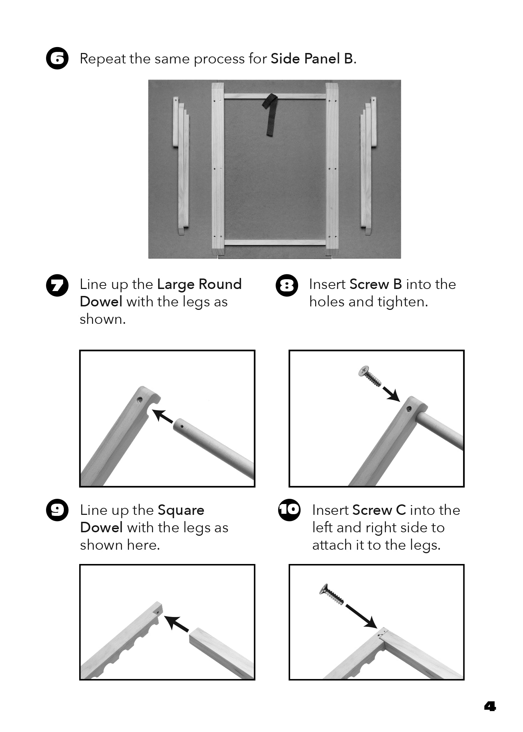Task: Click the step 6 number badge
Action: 57,58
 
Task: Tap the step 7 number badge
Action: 57,285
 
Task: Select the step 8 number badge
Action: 287,285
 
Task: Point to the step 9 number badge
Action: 57,510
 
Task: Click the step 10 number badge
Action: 289,510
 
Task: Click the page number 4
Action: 490,707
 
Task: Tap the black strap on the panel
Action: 271,115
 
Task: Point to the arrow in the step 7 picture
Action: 163,416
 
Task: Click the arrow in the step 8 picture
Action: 391,394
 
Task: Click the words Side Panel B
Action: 312,59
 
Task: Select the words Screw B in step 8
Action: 376,284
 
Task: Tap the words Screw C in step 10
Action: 379,510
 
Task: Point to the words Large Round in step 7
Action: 199,285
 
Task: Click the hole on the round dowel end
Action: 182,426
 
